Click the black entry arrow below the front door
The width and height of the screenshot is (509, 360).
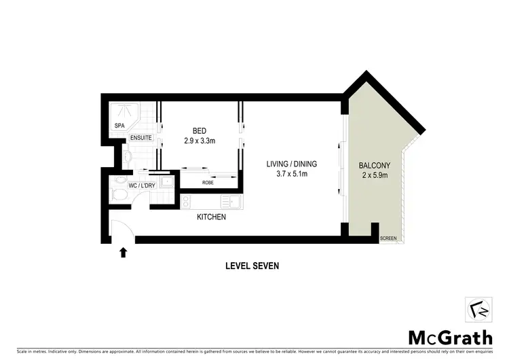click(x=123, y=253)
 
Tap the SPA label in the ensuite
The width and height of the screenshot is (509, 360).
click(x=119, y=126)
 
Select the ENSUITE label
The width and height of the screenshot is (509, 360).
click(x=142, y=138)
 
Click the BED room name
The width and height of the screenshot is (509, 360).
click(x=199, y=131)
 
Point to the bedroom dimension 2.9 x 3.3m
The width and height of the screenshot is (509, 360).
click(x=199, y=141)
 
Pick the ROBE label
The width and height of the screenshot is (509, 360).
click(x=208, y=183)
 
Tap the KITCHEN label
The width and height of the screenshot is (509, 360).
click(x=211, y=217)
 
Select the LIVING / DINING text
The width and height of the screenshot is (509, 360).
click(x=291, y=164)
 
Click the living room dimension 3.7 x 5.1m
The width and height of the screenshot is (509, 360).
click(x=291, y=175)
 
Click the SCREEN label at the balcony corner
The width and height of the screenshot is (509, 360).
click(x=388, y=238)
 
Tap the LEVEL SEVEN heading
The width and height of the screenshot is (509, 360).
click(x=252, y=266)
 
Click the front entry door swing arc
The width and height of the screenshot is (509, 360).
click(x=122, y=229)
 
